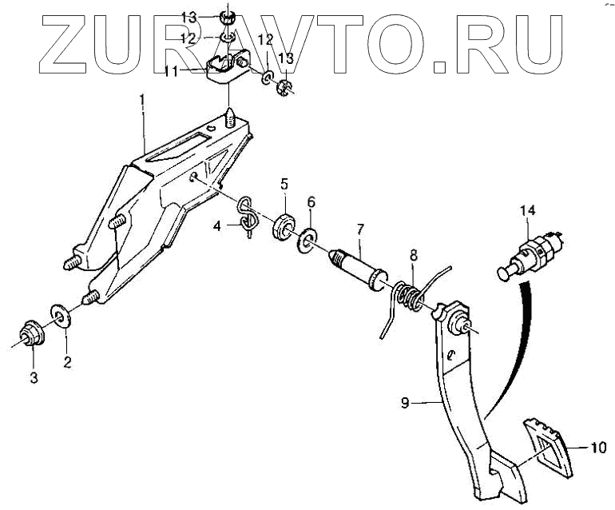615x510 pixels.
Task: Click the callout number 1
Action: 142,101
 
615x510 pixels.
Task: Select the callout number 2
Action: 67,361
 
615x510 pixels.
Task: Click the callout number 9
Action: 405,404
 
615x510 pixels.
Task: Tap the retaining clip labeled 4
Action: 248,216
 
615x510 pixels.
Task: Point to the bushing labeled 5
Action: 284,225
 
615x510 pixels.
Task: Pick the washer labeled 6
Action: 309,239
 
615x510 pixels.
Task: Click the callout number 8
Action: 413,257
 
